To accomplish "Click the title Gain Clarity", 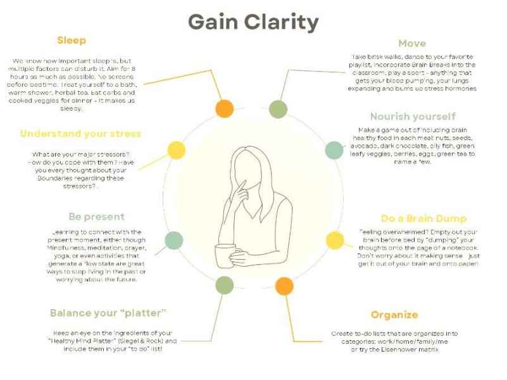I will pos(253,22).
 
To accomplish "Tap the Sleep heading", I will pos(72,41).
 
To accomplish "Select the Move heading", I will pos(411,44).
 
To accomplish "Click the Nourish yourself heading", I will pos(412,117).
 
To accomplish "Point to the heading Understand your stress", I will pos(80,134).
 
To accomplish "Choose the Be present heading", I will pos(96,217).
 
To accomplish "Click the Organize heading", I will pos(394,315).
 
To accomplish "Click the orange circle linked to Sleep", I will pos(225,108).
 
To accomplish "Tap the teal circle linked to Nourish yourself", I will pos(334,150).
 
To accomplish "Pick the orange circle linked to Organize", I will pos(284,286).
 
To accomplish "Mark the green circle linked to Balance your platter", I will pos(223,285).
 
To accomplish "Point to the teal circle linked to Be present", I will pos(173,240).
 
